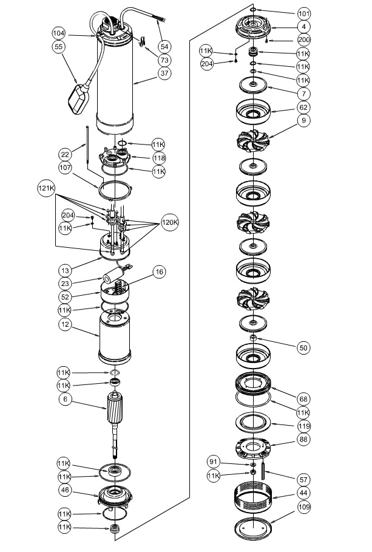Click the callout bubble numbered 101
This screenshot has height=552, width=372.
(x=304, y=14)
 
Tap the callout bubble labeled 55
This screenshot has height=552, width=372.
(x=59, y=47)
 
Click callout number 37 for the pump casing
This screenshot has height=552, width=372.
(x=164, y=73)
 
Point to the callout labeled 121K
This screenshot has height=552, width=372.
(x=46, y=188)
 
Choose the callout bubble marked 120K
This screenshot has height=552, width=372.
(x=170, y=222)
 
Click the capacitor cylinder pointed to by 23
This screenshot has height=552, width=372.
(x=113, y=276)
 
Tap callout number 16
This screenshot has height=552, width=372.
(x=160, y=271)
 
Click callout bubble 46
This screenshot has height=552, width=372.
(x=65, y=490)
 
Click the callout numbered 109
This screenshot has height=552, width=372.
(x=304, y=506)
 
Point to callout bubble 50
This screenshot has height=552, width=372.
(x=303, y=348)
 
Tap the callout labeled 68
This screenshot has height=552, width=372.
(x=303, y=399)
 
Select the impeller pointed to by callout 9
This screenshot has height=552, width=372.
(x=253, y=141)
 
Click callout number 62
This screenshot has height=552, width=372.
(x=303, y=107)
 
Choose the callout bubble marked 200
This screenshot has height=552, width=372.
(x=304, y=40)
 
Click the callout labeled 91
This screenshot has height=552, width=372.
(x=214, y=462)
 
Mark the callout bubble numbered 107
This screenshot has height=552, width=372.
(x=65, y=168)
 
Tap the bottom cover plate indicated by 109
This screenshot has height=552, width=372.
(x=253, y=529)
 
